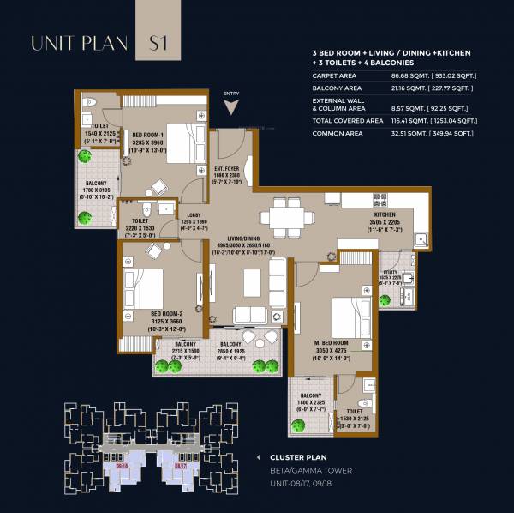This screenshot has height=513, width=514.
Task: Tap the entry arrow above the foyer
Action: [x=230, y=106]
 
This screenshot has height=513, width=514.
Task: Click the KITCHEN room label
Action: [x=385, y=214]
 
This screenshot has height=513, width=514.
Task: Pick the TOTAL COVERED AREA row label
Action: [x=346, y=121]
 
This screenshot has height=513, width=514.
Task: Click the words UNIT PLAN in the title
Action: [x=80, y=42]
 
